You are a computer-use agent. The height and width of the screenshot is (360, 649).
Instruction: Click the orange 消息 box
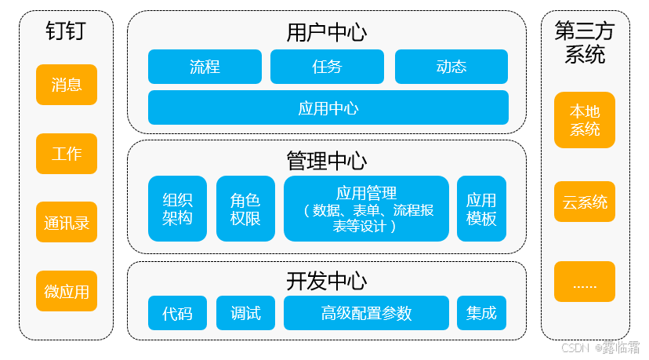pyautogui.click(x=67, y=85)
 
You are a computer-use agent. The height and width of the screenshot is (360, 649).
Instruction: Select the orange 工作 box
pyautogui.click(x=67, y=154)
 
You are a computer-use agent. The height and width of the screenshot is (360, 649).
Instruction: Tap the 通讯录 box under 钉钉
pyautogui.click(x=67, y=222)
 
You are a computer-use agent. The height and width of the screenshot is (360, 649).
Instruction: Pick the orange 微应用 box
pyautogui.click(x=67, y=291)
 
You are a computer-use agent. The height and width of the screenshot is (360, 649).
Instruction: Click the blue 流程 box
pyautogui.click(x=205, y=67)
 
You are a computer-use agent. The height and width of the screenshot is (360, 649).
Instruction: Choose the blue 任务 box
pyautogui.click(x=327, y=67)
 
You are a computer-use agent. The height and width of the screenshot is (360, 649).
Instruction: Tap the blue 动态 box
pyautogui.click(x=451, y=67)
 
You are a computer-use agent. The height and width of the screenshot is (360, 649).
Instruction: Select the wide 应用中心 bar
pyautogui.click(x=328, y=107)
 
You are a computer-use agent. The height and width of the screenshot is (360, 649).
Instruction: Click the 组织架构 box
pyautogui.click(x=177, y=209)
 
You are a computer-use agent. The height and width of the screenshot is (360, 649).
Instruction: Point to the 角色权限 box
pyautogui.click(x=245, y=209)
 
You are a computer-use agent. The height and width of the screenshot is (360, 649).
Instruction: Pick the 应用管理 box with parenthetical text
pyautogui.click(x=366, y=209)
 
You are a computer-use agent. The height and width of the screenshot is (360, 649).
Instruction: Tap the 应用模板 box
pyautogui.click(x=481, y=209)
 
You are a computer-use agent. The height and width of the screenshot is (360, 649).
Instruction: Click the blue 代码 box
pyautogui.click(x=177, y=313)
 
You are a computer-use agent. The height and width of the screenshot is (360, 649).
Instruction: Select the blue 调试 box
pyautogui.click(x=245, y=313)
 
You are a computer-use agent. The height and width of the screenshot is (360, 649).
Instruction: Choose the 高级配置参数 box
pyautogui.click(x=366, y=313)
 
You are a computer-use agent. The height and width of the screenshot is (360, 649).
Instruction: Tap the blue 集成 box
pyautogui.click(x=481, y=313)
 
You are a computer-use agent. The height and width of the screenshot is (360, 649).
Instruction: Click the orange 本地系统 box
pyautogui.click(x=585, y=120)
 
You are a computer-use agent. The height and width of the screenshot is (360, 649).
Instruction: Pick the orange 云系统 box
pyautogui.click(x=585, y=202)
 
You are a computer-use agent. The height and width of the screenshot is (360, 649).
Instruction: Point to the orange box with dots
pyautogui.click(x=585, y=282)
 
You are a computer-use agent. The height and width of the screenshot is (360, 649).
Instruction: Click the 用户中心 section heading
pyautogui.click(x=326, y=32)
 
